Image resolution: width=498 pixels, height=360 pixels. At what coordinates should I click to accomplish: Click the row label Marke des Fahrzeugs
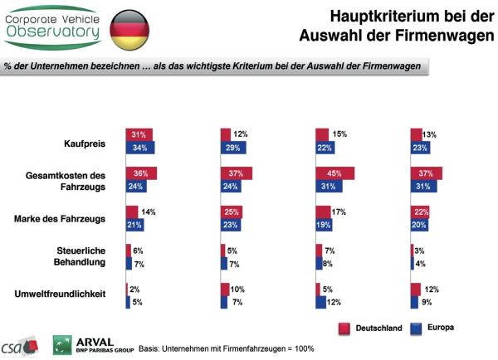pyautogui.click(x=71, y=218)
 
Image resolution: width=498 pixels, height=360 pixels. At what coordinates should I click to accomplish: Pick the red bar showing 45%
pyautogui.click(x=335, y=173)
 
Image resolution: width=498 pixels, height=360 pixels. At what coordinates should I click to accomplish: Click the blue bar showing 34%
pyautogui.click(x=141, y=148)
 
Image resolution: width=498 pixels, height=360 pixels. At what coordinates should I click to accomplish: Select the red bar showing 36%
pyautogui.click(x=142, y=173)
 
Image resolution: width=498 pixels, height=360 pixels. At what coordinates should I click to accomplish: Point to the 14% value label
pyautogui.click(x=149, y=212)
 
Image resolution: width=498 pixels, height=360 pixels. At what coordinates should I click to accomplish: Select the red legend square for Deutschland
pyautogui.click(x=343, y=328)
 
